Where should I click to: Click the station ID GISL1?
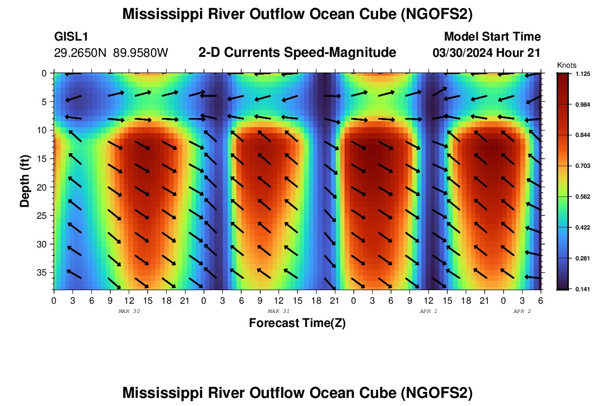coord(71,37)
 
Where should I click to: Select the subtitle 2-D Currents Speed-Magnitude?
coord(297,53)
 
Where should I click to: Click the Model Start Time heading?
coord(492,37)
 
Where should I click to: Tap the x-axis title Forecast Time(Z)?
coord(297,323)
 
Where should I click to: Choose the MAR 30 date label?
coord(129,311)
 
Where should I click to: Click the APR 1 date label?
coord(428,311)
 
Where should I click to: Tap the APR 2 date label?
coord(522,311)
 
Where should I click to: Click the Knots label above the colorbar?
coord(566,66)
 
